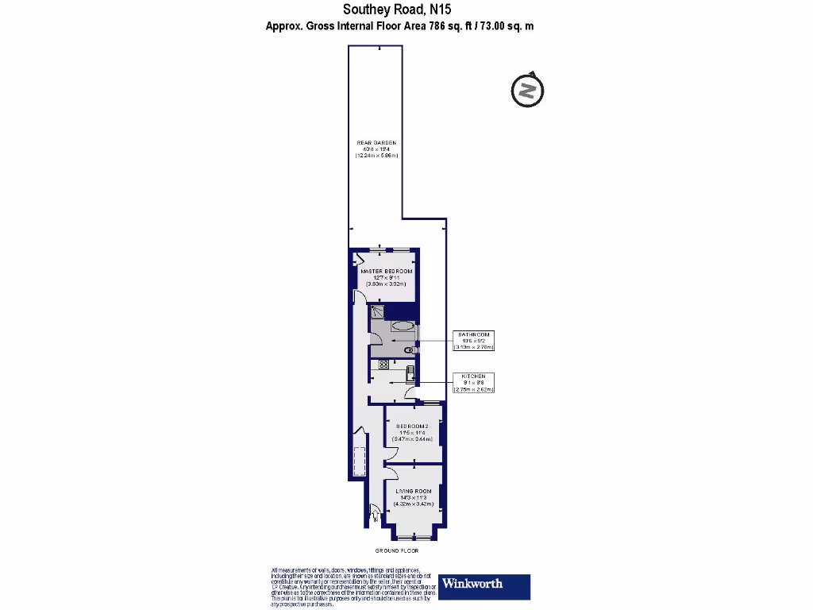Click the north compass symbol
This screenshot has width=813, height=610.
(526, 90)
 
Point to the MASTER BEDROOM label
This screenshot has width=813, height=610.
(386, 277)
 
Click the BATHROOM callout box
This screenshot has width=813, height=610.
(474, 341)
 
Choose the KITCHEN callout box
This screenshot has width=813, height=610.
(474, 384)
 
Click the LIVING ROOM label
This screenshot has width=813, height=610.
(413, 497)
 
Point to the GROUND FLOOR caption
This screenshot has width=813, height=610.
(397, 550)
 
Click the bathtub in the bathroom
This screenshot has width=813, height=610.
(403, 325)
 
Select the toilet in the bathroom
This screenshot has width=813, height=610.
(410, 350)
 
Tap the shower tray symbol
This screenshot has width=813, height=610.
(377, 312)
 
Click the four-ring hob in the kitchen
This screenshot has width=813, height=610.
(383, 365)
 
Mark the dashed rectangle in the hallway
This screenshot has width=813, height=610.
(359, 464)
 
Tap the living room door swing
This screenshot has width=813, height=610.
(390, 473)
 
